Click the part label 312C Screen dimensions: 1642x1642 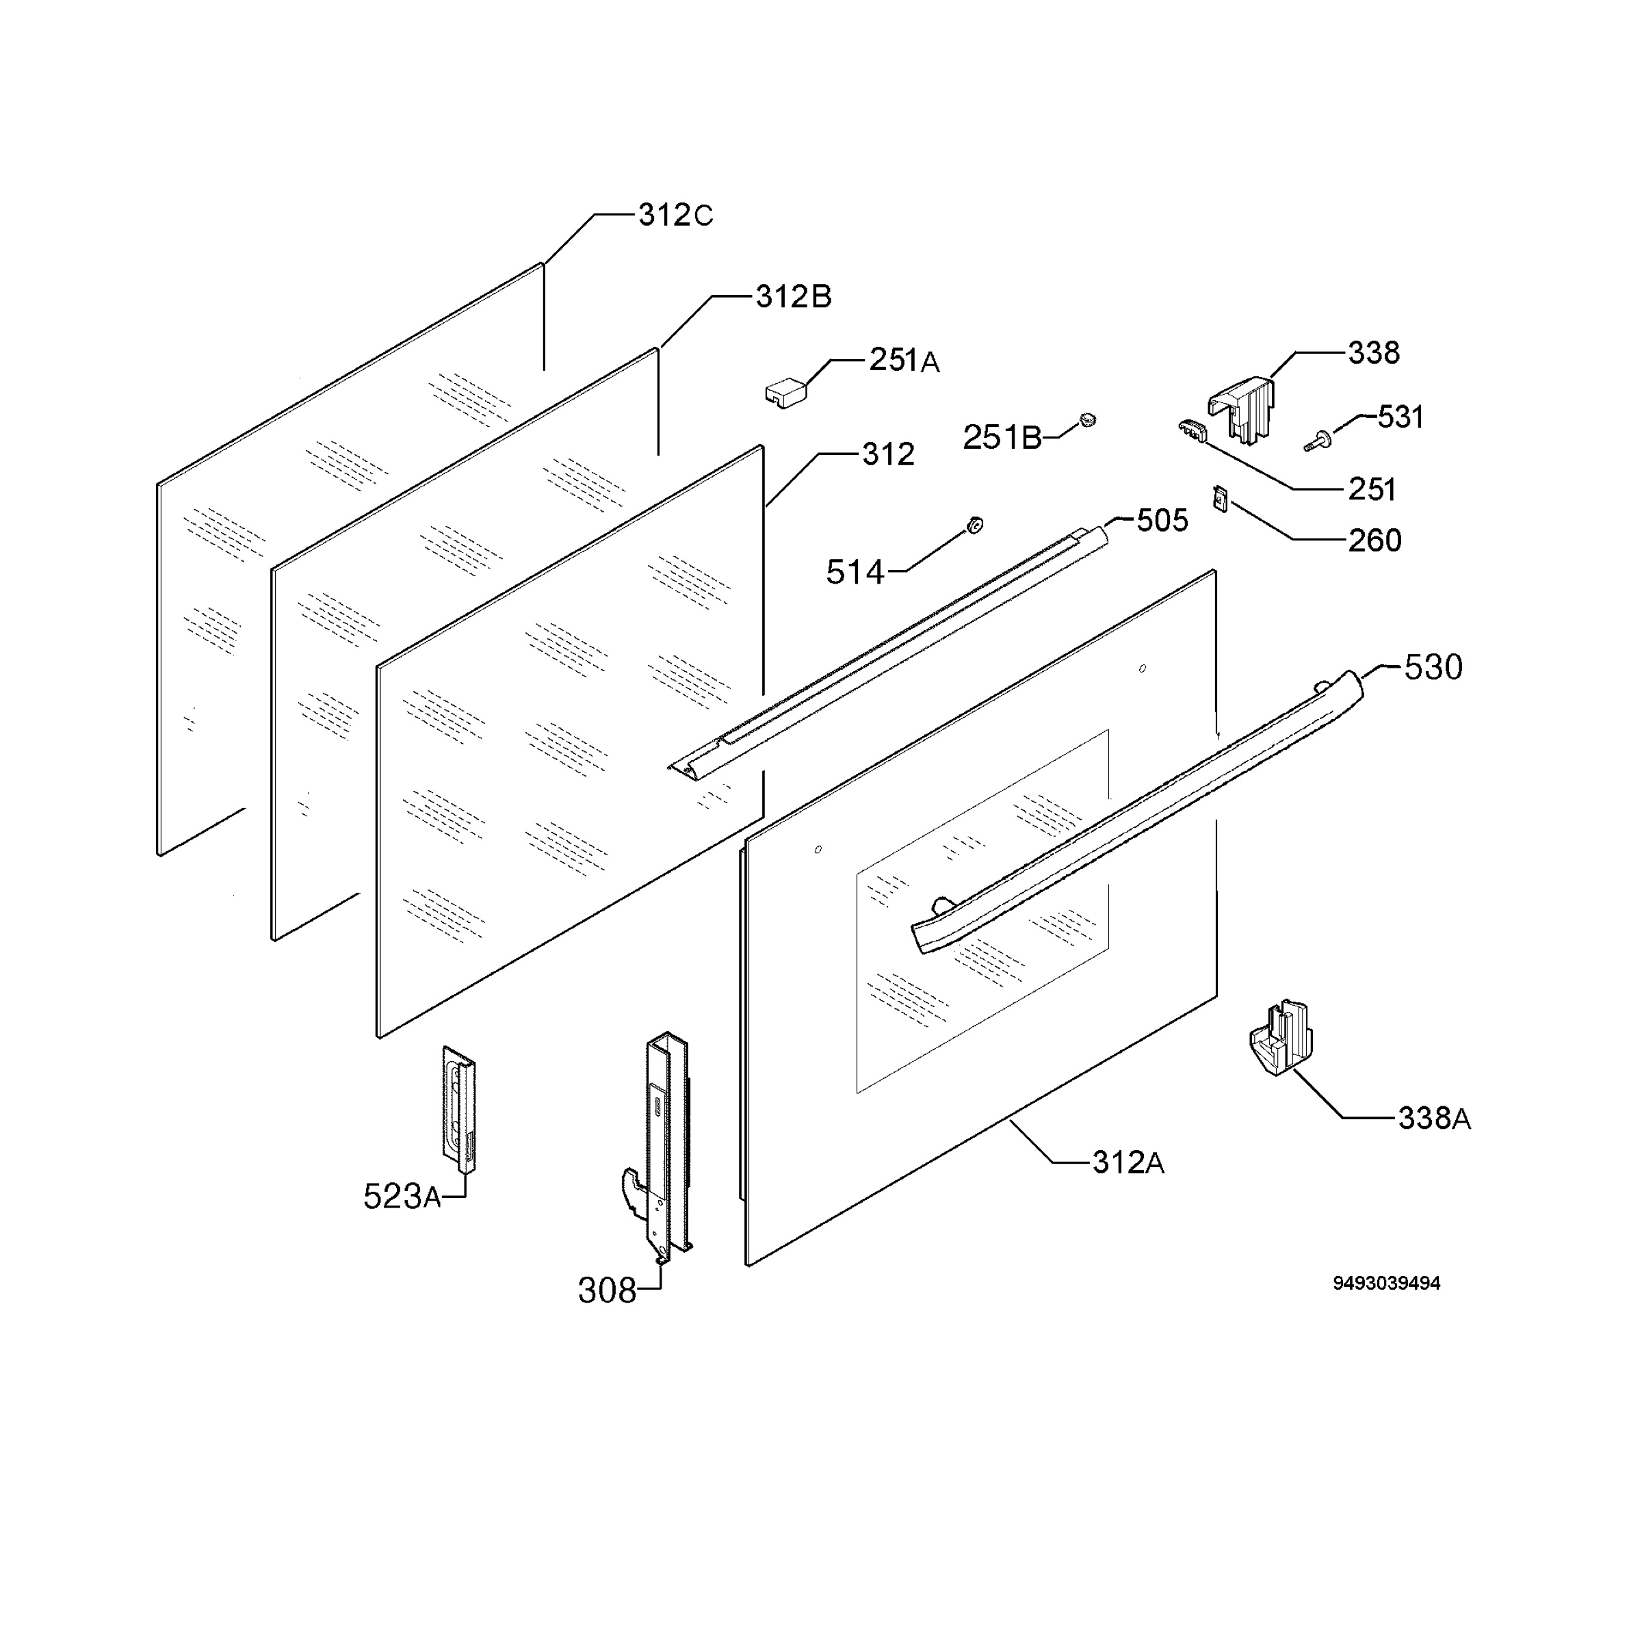coord(676,216)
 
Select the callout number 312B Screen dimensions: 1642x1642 coord(793,297)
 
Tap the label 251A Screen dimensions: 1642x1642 coord(904,361)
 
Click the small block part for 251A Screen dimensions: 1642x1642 coord(787,393)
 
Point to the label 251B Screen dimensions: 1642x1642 coord(1002,438)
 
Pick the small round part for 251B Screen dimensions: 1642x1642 coord(1087,420)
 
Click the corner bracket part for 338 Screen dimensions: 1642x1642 coord(1242,409)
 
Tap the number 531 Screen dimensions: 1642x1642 coord(1400,417)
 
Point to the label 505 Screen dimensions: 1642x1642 coord(1162,520)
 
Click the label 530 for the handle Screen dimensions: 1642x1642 coord(1433,668)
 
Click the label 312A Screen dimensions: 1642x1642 coord(1128,1162)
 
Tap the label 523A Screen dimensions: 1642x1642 coord(402,1197)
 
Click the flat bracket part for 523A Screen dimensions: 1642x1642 coord(459,1108)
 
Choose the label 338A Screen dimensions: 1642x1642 coord(1435,1119)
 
